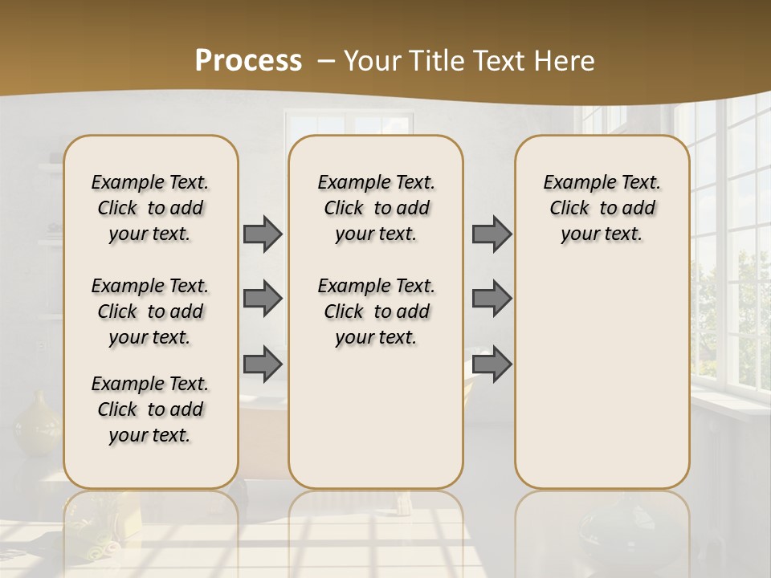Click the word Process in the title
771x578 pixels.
point(248,60)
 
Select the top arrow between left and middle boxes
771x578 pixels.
point(263,234)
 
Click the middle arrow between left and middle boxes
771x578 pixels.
point(263,299)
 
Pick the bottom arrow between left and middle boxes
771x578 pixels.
point(263,364)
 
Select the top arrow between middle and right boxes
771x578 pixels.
point(492,234)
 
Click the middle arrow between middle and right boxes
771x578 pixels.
point(492,299)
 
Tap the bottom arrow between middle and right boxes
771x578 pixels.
point(492,364)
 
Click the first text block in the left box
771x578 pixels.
point(150,208)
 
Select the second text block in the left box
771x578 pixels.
point(150,311)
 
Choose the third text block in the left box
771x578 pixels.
point(150,409)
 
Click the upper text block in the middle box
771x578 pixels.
point(376,208)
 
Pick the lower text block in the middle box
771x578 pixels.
point(376,311)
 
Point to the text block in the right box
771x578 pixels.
point(602,208)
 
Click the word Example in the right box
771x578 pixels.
point(572,182)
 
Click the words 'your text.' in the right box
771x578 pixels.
point(602,234)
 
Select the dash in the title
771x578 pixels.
point(326,61)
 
